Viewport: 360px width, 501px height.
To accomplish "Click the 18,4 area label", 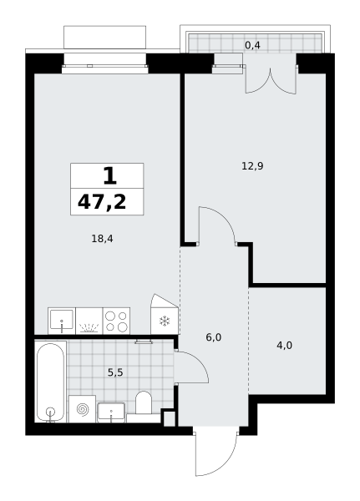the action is [102, 239].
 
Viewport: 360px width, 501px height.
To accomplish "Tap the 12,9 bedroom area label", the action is [252, 166].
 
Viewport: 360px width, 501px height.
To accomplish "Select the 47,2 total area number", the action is [102, 202].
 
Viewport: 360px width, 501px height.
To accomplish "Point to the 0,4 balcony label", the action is [252, 45].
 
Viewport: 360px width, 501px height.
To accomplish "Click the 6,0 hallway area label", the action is [214, 337].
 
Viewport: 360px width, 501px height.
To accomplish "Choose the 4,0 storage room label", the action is [284, 346].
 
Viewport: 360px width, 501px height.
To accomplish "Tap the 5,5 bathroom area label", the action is [115, 372].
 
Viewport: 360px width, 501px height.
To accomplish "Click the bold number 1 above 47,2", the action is [109, 176].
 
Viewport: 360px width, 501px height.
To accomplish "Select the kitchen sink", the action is [62, 321].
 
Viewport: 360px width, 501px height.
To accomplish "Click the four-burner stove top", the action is [116, 321].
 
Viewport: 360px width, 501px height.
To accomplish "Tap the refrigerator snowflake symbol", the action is [165, 321].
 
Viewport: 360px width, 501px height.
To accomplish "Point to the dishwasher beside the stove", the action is [89, 321].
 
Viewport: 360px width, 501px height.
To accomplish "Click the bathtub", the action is [50, 382].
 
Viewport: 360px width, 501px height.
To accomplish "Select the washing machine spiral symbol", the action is [82, 409].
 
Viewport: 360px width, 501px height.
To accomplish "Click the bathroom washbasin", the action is [111, 412].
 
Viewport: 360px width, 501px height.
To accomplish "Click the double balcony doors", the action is [271, 81].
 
